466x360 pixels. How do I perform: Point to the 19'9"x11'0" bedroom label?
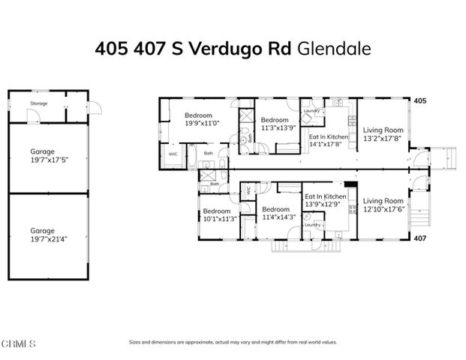point(200,119)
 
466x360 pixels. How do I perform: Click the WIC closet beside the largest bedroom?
point(173,154)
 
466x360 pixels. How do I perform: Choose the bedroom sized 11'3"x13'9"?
point(275,124)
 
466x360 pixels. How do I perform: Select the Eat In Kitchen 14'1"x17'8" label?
point(329,140)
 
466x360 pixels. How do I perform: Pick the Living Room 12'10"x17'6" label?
point(382,205)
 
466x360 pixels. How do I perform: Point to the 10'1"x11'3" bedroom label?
point(218,214)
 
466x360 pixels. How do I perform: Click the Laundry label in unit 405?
point(311,111)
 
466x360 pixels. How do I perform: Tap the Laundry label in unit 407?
point(313,224)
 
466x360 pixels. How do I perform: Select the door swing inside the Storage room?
point(32,115)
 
